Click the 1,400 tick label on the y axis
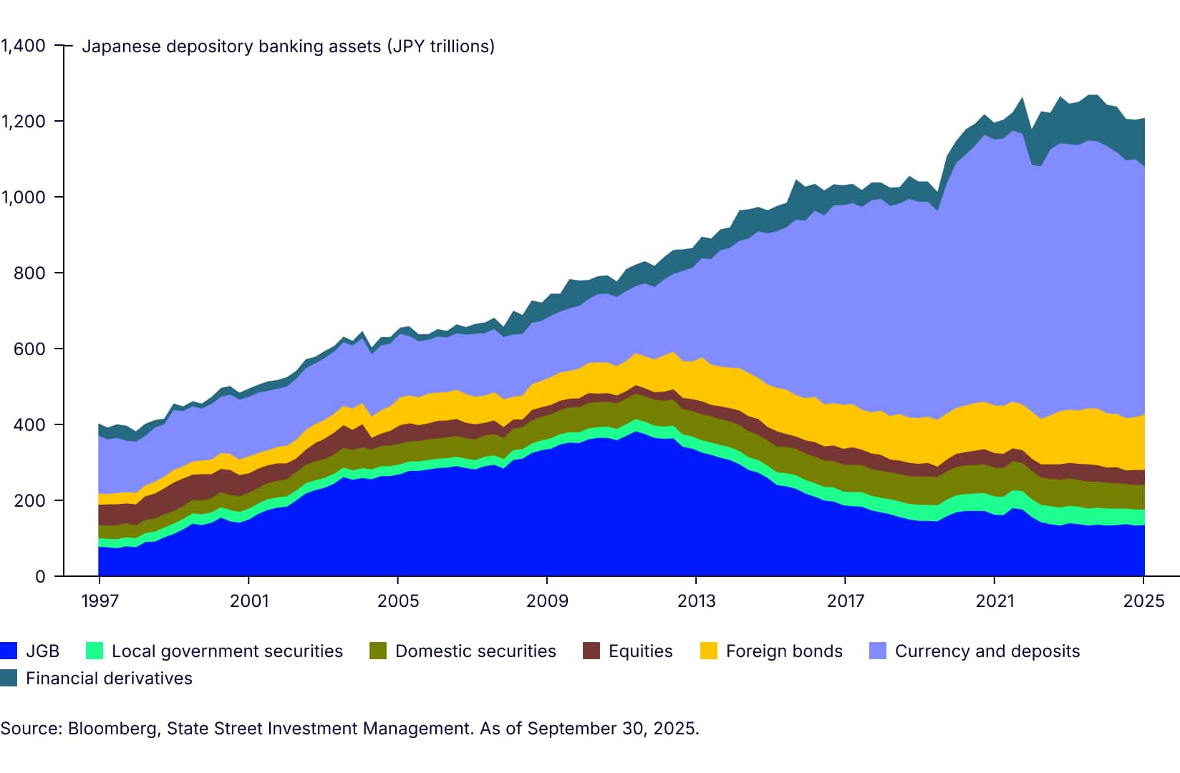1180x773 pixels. [23, 46]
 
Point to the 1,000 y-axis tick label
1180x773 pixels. [23, 198]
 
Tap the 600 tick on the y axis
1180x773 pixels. [29, 349]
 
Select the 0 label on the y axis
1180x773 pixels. [40, 577]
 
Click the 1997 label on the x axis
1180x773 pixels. [100, 601]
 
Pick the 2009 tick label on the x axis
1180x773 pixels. [547, 601]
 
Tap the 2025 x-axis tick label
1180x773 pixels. [1143, 601]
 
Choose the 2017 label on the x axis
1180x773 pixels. [846, 601]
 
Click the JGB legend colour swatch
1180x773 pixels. [9, 651]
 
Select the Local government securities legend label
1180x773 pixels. [227, 651]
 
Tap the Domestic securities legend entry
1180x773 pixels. [475, 651]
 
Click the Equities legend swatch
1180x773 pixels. [591, 651]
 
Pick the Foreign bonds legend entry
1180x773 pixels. [784, 651]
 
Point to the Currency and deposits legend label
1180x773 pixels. [987, 651]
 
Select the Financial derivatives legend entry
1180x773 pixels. [109, 679]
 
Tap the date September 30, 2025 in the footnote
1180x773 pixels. [611, 729]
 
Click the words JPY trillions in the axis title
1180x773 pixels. [440, 47]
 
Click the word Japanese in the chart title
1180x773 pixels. [121, 47]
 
